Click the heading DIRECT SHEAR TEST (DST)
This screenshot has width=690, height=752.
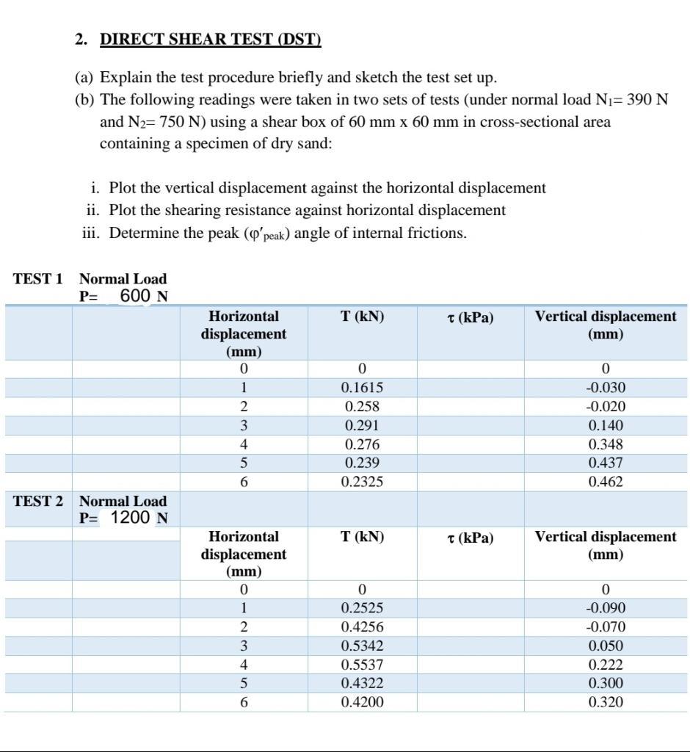(210, 40)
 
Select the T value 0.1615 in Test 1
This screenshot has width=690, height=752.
(362, 388)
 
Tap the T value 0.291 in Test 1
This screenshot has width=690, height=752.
(362, 425)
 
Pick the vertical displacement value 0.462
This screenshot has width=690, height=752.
(606, 482)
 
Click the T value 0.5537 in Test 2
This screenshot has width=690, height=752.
(362, 665)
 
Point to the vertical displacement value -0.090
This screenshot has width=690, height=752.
(606, 608)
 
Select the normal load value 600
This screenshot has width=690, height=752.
(135, 296)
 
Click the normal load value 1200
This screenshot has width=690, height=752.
(130, 518)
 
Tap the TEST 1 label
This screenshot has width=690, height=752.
(37, 279)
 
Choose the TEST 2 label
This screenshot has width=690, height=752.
(37, 501)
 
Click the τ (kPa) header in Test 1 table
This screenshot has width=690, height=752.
(470, 317)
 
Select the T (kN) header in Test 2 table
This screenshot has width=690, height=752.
(362, 537)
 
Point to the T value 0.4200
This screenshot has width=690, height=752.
(362, 702)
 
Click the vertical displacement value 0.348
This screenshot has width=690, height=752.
(606, 444)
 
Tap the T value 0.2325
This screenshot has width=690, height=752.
(362, 482)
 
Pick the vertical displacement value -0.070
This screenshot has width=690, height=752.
(606, 627)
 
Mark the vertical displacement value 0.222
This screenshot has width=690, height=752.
(606, 665)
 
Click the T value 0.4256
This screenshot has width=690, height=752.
(362, 627)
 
